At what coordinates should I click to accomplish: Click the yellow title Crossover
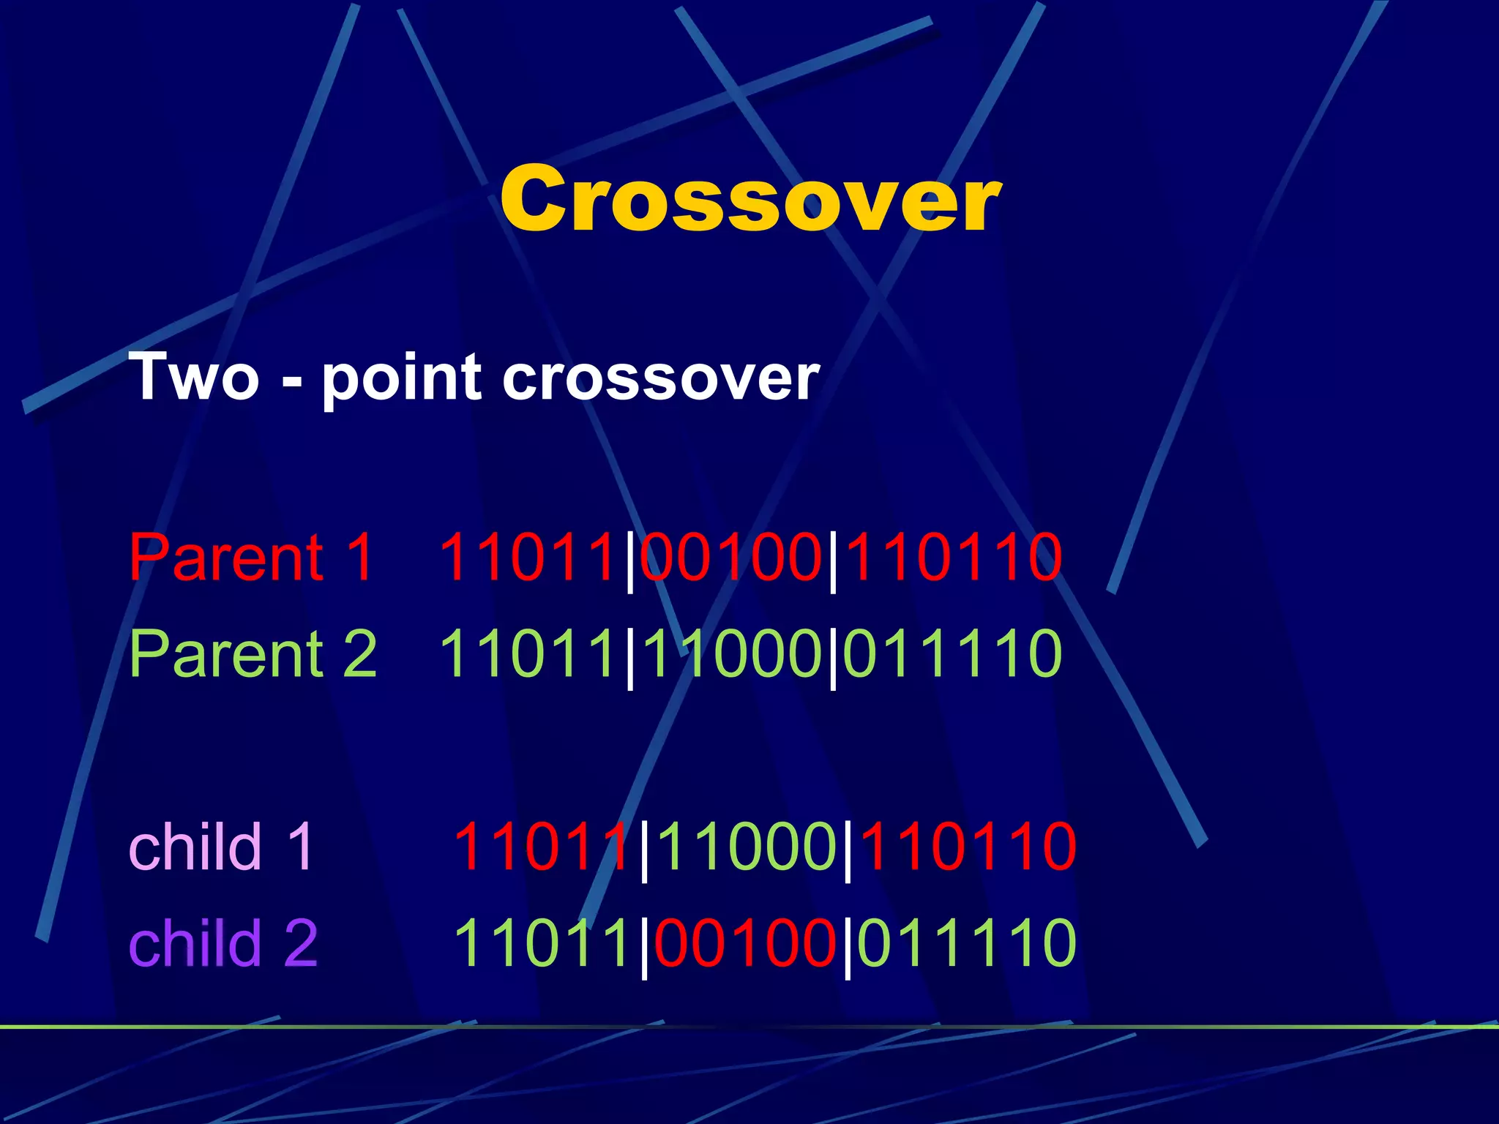coord(749,199)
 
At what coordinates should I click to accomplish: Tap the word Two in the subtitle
coord(194,378)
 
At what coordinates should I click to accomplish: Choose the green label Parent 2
coord(253,653)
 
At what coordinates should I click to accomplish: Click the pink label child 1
coord(221,847)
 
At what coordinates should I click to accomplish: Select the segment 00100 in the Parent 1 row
coord(731,558)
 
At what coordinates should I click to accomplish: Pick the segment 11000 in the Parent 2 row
coord(731,653)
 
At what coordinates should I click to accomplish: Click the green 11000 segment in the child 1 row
coord(746,847)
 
